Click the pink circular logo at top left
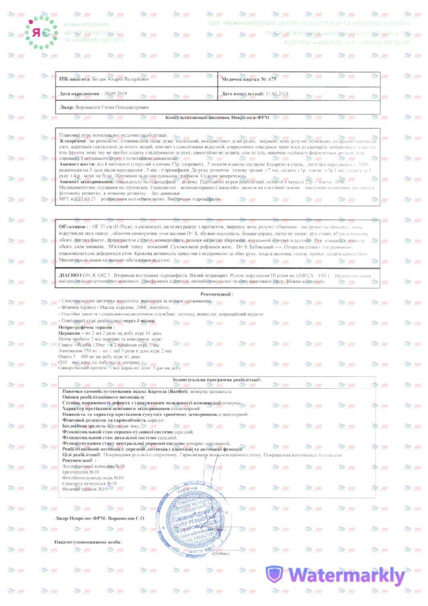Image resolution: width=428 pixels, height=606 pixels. [x=41, y=33]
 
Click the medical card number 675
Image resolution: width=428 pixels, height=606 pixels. [x=271, y=78]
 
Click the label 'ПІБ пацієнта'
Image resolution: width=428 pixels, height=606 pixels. [x=71, y=78]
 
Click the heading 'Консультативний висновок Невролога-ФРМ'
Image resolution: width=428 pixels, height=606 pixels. [x=216, y=118]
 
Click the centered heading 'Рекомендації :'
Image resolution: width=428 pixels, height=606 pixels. [x=216, y=294]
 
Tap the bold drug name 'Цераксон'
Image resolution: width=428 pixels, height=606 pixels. [x=69, y=334]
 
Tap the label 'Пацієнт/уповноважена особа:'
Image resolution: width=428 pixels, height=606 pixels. [x=88, y=541]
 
